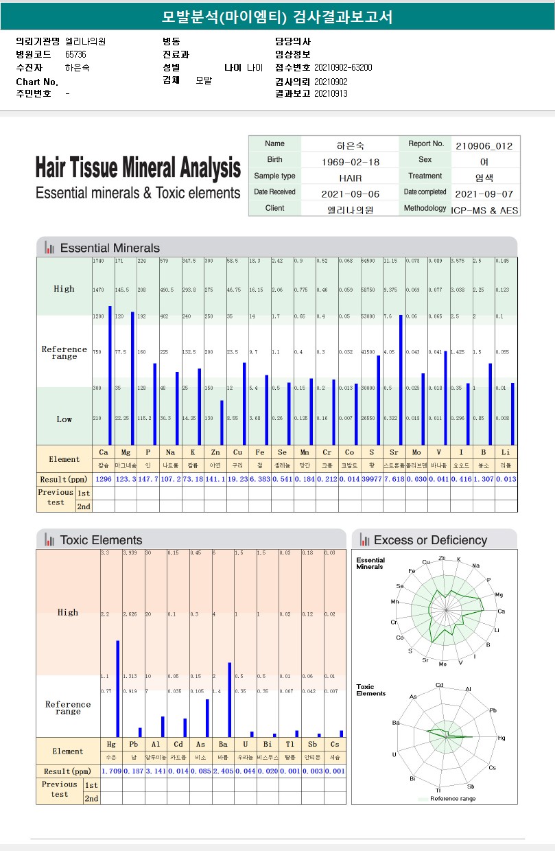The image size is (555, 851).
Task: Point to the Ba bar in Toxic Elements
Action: tap(229, 699)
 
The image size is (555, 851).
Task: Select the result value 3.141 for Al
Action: tap(156, 771)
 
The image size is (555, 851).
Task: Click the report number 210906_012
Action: tap(484, 145)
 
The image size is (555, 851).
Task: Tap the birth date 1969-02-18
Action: tap(350, 162)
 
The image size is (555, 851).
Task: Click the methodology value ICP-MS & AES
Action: tap(484, 211)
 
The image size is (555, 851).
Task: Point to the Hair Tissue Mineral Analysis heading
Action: tap(138, 167)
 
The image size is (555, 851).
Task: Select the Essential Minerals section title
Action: tap(110, 248)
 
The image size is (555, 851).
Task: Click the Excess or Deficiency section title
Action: tap(430, 540)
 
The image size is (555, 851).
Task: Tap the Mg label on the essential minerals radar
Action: tap(499, 595)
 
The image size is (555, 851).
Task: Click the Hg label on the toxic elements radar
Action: tap(501, 738)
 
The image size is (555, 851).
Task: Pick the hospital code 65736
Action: tap(75, 54)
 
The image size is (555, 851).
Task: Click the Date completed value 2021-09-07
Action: tap(484, 194)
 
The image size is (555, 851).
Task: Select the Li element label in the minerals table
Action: tap(506, 452)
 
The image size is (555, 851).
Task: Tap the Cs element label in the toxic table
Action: tap(335, 743)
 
